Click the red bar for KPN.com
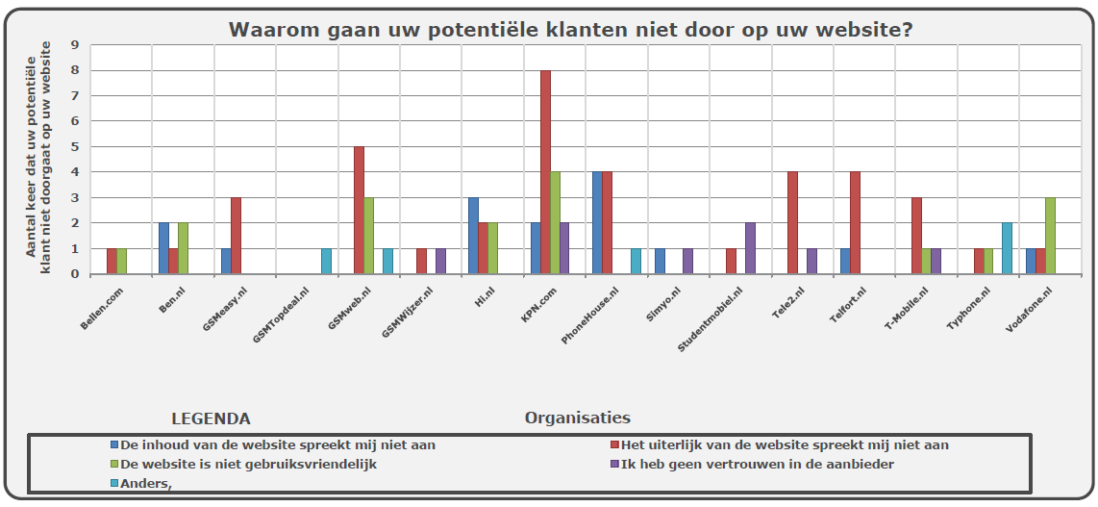pos(545,172)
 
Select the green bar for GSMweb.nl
pos(369,236)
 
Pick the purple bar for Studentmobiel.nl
pos(751,248)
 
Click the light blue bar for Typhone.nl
pos(1007,248)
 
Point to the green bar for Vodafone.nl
pos(1051,236)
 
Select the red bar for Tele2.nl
pos(793,223)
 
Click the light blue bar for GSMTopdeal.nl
pos(326,262)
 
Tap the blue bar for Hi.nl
pos(473,236)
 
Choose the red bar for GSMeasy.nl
pos(236,236)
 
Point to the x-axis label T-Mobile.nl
pos(905,305)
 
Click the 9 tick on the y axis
pos(75,45)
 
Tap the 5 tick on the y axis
pos(75,147)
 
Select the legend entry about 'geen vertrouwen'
pos(758,464)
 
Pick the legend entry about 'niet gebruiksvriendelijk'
pos(248,464)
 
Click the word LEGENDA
pos(211,418)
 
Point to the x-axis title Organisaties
pos(577,418)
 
